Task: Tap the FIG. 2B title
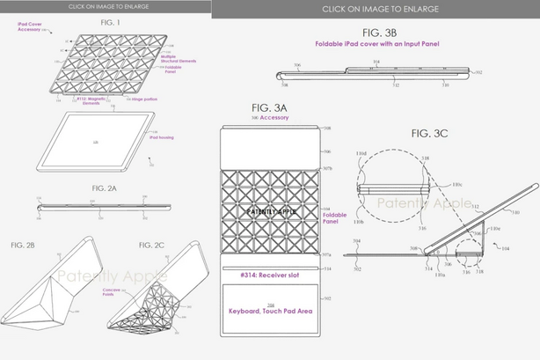(26, 242)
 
